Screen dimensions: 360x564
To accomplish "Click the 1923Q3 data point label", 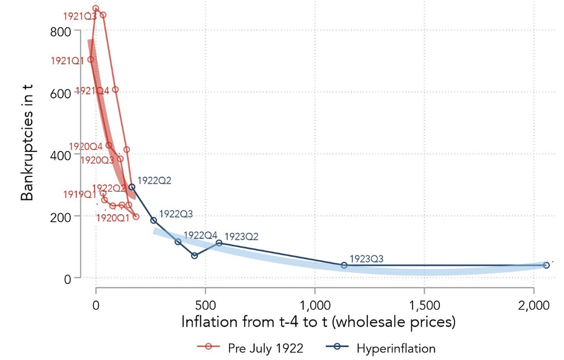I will tap(366, 259).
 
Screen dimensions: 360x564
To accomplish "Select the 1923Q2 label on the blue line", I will tap(241, 236).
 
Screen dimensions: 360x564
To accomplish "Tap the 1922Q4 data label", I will tap(200, 235).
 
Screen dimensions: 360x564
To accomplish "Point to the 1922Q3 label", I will tap(176, 214).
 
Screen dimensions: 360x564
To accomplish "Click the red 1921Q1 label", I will tap(67, 61).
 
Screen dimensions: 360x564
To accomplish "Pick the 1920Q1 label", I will tap(112, 218).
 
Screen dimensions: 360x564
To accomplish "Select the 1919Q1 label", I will tap(79, 194).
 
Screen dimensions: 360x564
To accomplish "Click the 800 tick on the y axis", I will tap(60, 31).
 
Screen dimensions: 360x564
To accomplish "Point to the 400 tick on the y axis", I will tap(60, 155).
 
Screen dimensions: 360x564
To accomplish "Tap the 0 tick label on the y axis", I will tap(67, 279).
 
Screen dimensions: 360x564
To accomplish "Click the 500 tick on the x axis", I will tap(205, 305).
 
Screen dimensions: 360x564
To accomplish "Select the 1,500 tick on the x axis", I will tap(425, 305).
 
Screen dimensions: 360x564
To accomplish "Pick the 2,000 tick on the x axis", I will tap(534, 305).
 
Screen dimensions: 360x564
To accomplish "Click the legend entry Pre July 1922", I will tap(265, 348).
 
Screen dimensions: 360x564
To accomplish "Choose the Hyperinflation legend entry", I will tap(396, 348).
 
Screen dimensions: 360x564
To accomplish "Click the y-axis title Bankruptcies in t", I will tap(27, 142).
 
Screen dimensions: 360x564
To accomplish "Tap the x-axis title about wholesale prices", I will tap(318, 322).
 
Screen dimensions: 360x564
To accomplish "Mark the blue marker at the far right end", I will tap(546, 265).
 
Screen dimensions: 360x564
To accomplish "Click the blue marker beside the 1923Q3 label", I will tap(344, 265).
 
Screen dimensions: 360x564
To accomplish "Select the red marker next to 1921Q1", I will tap(91, 59).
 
